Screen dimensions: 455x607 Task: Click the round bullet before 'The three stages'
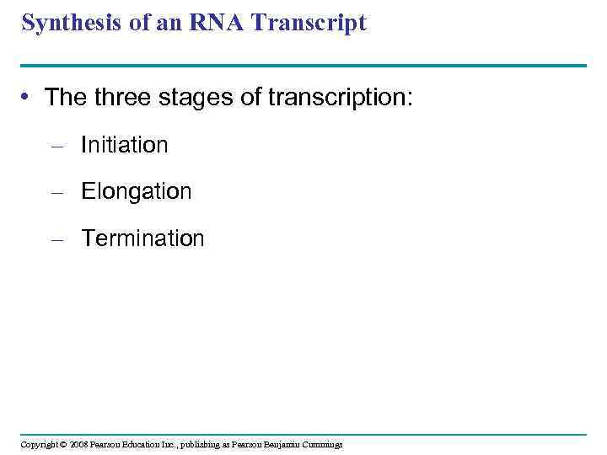pyautogui.click(x=27, y=98)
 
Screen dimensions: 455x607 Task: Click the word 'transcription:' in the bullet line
pyautogui.click(x=341, y=98)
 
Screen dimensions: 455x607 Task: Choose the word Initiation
pyautogui.click(x=124, y=145)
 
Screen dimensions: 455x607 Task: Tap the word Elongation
pyautogui.click(x=136, y=191)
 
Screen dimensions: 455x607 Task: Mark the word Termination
pyautogui.click(x=142, y=238)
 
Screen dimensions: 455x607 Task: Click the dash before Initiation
pyautogui.click(x=57, y=146)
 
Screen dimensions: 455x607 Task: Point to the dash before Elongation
pyautogui.click(x=57, y=193)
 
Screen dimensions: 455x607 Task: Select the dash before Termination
pyautogui.click(x=57, y=239)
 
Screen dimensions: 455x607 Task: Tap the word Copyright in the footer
pyautogui.click(x=39, y=444)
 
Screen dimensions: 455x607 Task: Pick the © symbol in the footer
pyautogui.click(x=63, y=444)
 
